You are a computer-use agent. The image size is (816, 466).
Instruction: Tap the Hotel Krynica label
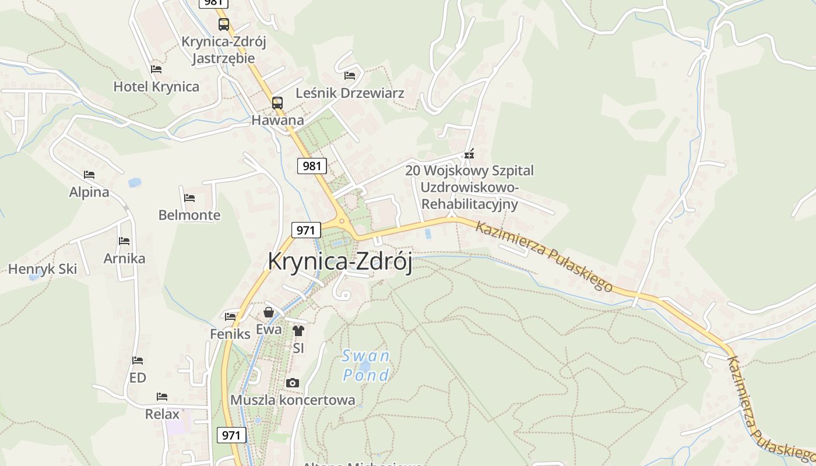tap(156, 87)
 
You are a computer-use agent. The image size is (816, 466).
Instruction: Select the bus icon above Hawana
tap(277, 103)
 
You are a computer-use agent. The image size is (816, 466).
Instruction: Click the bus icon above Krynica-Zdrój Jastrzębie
tap(224, 24)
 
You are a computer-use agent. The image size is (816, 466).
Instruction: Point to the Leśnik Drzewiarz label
tap(350, 93)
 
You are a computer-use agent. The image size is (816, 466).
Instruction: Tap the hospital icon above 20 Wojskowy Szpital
tap(469, 154)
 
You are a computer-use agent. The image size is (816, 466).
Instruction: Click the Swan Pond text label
tap(365, 365)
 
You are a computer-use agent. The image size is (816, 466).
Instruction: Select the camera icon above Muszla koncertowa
tap(293, 383)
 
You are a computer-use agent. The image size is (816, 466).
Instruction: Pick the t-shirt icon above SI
tap(298, 331)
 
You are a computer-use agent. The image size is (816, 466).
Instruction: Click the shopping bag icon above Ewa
tap(269, 313)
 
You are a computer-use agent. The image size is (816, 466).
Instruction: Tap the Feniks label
tap(230, 334)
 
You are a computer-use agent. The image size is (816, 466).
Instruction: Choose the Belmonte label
tap(189, 215)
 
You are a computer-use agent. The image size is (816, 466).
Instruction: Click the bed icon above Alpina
tap(89, 175)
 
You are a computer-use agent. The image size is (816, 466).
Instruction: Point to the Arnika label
tap(124, 258)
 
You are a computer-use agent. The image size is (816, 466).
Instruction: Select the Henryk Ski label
tap(43, 269)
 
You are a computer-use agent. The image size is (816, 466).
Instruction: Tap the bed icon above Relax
tap(162, 397)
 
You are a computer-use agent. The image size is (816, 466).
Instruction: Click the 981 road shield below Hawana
tap(312, 166)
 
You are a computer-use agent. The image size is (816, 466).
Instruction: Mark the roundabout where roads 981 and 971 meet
tap(342, 221)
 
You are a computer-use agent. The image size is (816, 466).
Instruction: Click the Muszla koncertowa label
tap(293, 400)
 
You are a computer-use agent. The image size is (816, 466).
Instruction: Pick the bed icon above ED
tap(138, 361)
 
